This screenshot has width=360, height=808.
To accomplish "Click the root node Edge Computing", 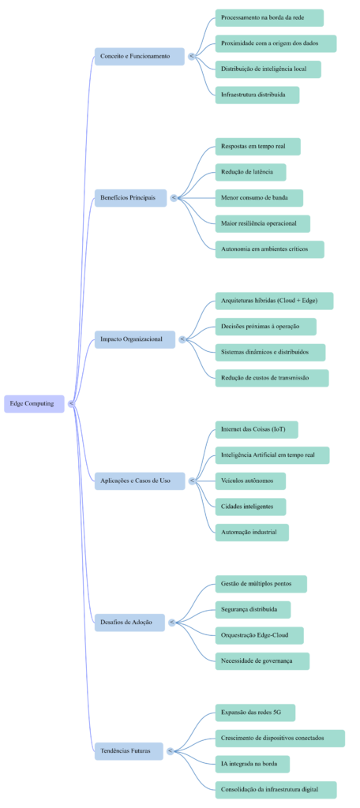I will tap(34, 403).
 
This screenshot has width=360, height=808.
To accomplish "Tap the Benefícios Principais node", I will tap(129, 197).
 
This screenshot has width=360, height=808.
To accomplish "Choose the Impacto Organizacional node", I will tap(133, 339).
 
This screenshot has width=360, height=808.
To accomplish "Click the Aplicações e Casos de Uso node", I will tap(138, 481).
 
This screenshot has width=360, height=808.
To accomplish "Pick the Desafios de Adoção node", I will tap(129, 622).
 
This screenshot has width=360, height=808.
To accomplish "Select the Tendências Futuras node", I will tap(127, 750).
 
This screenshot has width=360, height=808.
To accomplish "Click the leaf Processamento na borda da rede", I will tap(268, 18).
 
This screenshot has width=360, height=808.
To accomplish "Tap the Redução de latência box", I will tap(250, 172).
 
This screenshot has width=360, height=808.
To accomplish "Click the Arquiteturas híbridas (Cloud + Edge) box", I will tap(273, 301).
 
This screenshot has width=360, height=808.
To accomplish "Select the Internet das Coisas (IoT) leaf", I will tap(256, 430).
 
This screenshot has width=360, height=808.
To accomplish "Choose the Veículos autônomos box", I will tap(249, 481).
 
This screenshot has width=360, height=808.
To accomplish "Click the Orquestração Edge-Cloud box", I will tap(259, 635).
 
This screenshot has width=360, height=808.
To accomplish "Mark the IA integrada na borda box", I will tap(251, 764).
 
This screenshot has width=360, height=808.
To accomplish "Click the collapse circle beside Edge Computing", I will tap(71, 403).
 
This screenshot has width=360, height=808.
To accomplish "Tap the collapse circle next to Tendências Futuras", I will tap(171, 750).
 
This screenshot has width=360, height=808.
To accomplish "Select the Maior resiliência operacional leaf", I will tap(262, 223).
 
